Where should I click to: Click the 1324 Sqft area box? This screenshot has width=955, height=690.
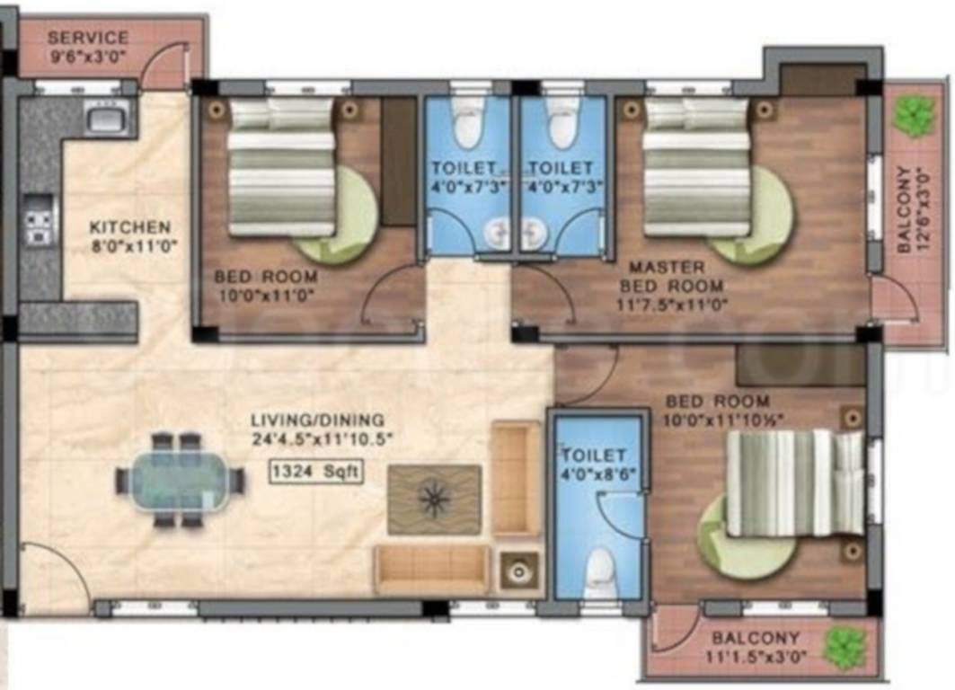click(315, 471)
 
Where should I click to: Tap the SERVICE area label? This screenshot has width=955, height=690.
click(87, 38)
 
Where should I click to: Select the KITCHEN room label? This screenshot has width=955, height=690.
click(129, 227)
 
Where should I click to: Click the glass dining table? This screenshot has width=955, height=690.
click(180, 482)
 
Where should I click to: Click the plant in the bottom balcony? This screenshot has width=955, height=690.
click(845, 646)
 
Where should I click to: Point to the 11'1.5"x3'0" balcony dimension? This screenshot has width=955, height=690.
click(756, 657)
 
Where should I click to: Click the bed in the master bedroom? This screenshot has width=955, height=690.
click(697, 166)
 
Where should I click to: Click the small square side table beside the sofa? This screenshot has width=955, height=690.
click(518, 570)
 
